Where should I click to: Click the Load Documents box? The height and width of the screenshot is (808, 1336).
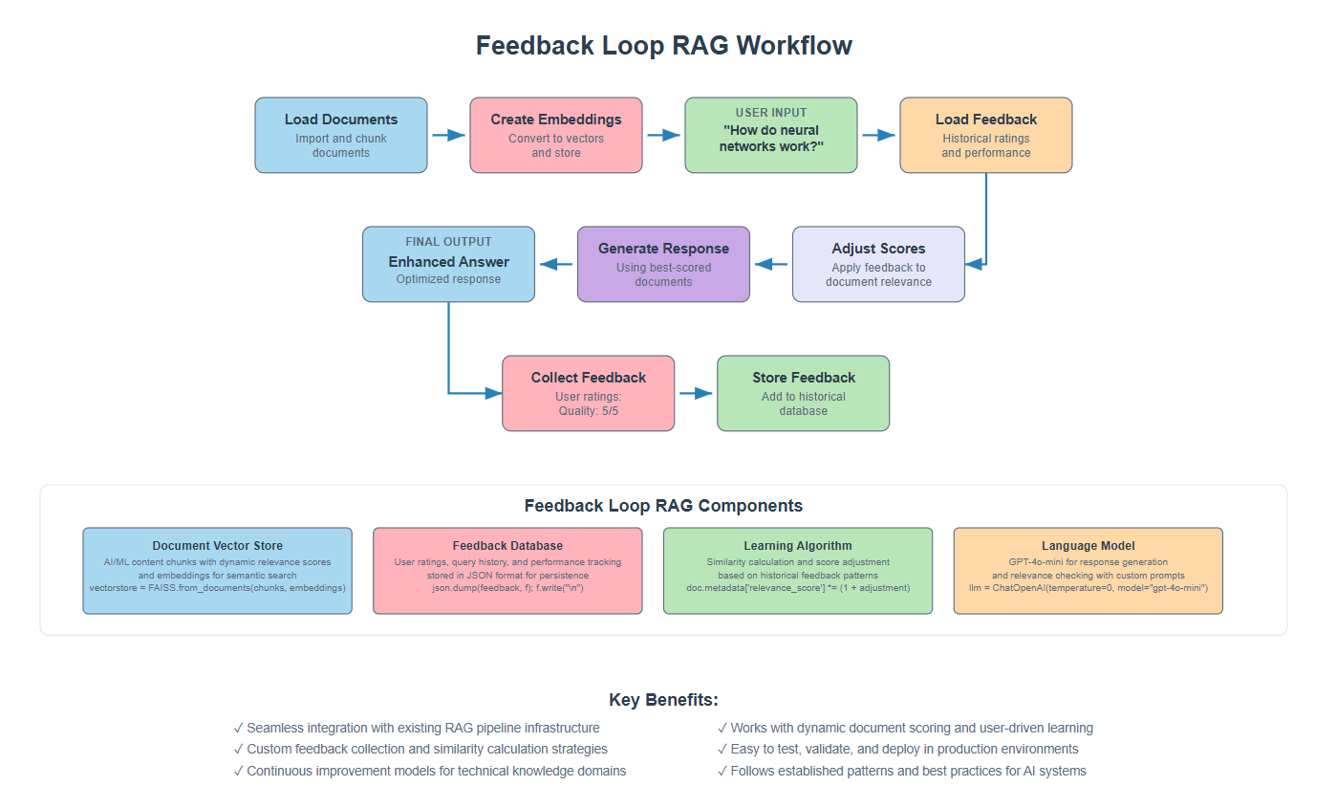coord(340,135)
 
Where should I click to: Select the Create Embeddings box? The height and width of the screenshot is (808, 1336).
coord(555,135)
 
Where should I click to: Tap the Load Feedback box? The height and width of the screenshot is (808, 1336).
coord(985,135)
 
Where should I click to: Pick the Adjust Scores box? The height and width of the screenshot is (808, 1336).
coord(878,264)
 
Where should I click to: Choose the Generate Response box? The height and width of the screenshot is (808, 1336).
coord(663,264)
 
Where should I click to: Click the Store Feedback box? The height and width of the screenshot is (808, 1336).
coord(803,393)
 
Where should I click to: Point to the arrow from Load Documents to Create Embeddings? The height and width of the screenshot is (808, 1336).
coord(448,135)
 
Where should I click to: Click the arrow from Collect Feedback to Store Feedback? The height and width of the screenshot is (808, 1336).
coord(696,393)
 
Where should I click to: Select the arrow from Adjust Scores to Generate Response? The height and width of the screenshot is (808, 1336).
coord(771,264)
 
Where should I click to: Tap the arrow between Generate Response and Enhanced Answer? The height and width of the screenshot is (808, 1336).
coord(556,264)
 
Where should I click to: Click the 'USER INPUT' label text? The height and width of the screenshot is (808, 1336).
coord(770,113)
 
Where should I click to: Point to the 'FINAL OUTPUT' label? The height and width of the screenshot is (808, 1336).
coord(448,242)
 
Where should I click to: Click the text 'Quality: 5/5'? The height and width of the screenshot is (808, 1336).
coord(588,411)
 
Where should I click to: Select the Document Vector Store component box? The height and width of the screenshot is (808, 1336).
coord(217,571)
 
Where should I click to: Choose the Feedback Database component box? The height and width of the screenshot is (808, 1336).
coord(507,571)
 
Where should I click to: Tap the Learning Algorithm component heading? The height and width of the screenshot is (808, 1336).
coord(797,546)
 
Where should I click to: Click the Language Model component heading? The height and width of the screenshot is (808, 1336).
coord(1088,546)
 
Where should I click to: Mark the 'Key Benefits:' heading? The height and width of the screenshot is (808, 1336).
coord(663,700)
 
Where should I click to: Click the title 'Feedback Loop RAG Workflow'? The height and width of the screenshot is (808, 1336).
coord(663,46)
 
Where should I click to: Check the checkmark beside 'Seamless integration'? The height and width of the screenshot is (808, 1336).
coord(238,728)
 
